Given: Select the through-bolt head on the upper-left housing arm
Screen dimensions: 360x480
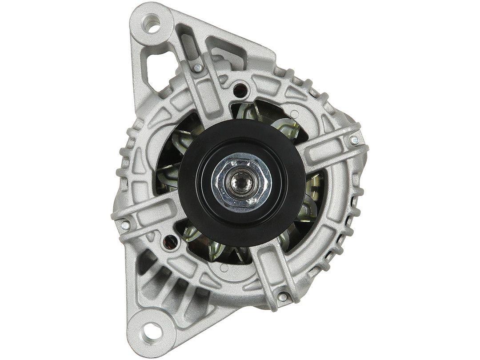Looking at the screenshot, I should coord(196,67).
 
